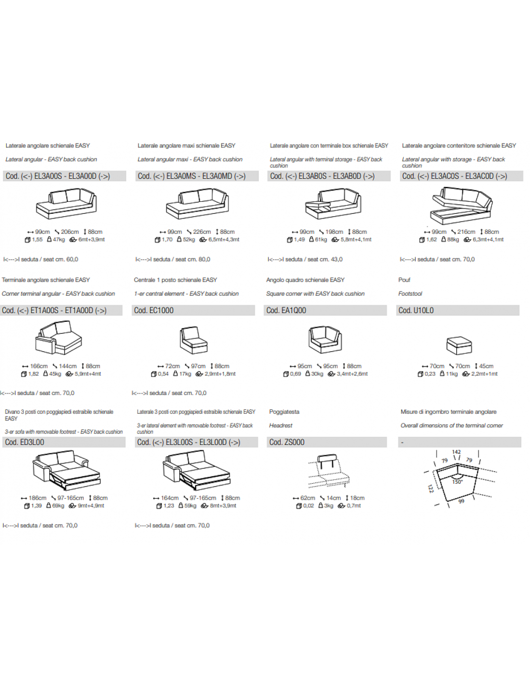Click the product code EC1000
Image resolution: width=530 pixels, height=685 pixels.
point(161,310)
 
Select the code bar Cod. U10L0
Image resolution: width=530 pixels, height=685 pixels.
point(457,310)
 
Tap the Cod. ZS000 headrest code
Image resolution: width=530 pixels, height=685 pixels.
point(327,442)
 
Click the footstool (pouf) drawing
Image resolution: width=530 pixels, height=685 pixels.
point(459,345)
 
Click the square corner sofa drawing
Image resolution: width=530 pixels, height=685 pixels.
point(325,339)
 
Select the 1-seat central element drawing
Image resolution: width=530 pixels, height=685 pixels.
point(193,340)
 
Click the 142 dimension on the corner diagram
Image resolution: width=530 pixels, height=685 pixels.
point(456,452)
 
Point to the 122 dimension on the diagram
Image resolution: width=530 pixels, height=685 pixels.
point(431,488)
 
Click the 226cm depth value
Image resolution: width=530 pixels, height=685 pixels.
point(202,232)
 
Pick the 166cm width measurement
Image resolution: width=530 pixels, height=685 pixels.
point(39,366)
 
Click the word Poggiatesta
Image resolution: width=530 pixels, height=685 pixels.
point(284,412)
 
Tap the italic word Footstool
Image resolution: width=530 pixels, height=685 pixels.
point(410,293)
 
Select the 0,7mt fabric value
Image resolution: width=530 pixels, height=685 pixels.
point(354,506)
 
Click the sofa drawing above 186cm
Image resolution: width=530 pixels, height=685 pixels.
point(66,470)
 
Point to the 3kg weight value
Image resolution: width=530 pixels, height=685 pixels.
point(329,506)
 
